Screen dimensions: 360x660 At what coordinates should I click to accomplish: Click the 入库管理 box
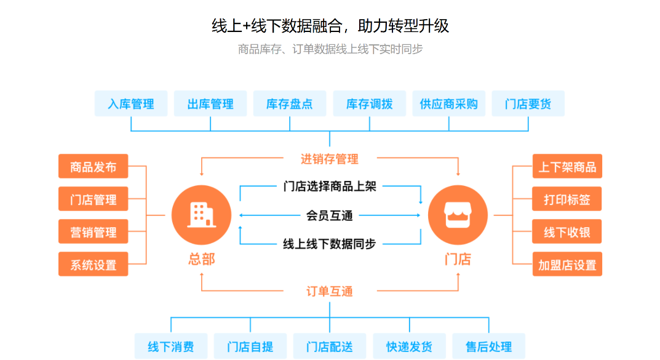130,104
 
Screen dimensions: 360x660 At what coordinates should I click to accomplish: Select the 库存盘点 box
290,104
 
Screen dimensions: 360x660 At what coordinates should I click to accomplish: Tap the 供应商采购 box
448,104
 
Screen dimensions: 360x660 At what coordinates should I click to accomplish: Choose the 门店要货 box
528,104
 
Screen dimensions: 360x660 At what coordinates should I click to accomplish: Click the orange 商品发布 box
93,167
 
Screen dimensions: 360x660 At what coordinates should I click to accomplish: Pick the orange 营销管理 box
93,232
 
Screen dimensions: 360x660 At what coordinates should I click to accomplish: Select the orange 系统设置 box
93,265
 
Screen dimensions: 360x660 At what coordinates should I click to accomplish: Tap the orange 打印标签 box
567,199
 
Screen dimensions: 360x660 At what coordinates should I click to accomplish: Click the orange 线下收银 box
567,232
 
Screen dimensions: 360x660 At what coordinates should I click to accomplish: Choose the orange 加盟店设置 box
567,265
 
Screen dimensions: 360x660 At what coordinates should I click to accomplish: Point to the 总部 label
201,259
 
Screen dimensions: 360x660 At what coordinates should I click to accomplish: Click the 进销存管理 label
330,159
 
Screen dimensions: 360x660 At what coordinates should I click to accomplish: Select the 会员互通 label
330,215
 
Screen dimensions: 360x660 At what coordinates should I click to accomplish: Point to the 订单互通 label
330,291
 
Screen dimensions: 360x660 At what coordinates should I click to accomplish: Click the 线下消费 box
170,346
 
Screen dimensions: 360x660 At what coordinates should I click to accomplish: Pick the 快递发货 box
409,346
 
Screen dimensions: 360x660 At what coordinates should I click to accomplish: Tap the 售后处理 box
488,346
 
